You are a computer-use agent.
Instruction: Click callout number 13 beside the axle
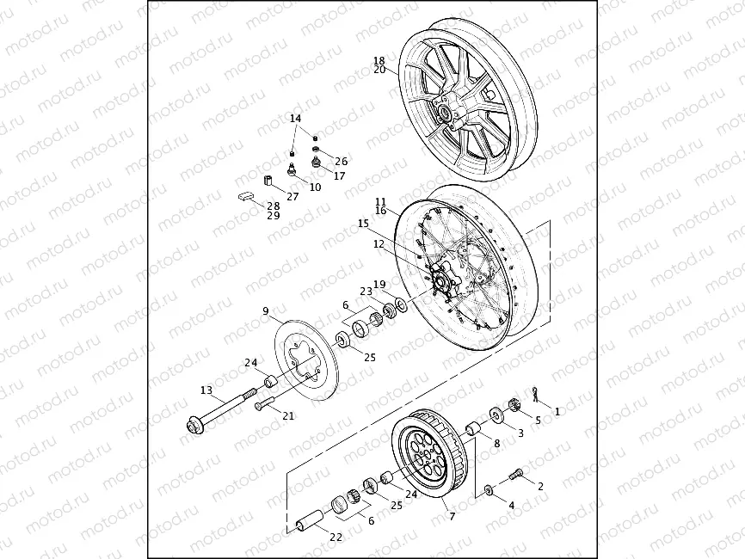[x=206, y=390]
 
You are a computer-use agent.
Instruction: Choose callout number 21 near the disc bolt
[x=289, y=416]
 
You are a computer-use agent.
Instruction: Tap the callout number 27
[x=292, y=197]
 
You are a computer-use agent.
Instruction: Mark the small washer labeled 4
[x=489, y=490]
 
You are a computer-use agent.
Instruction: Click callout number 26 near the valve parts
[x=342, y=161]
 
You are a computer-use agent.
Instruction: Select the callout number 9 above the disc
[x=266, y=310]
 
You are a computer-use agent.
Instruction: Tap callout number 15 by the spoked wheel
[x=363, y=224]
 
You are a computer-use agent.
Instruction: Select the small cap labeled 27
[x=268, y=181]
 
